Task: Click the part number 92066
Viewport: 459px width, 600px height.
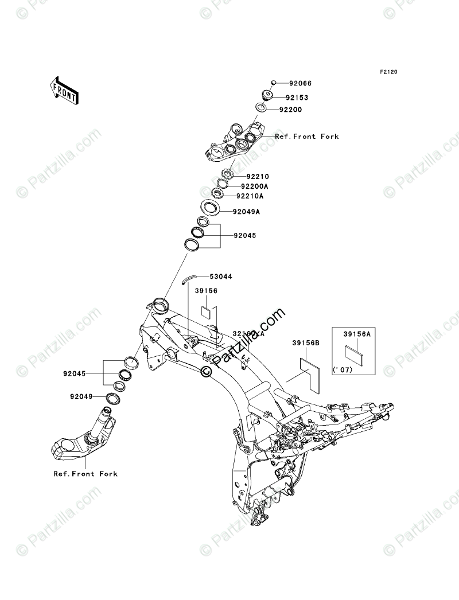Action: coord(301,83)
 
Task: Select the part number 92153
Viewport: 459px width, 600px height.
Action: coord(298,97)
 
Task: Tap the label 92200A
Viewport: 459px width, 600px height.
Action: coord(255,186)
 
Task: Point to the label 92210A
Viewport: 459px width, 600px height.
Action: coord(250,196)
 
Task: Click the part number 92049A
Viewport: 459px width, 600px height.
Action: coord(247,212)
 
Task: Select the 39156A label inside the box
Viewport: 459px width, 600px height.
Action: coord(357,333)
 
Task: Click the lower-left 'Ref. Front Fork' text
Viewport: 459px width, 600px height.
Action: coord(85,474)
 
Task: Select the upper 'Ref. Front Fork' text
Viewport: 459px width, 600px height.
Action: coord(306,137)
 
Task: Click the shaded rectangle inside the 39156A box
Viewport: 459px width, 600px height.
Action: coord(353,353)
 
